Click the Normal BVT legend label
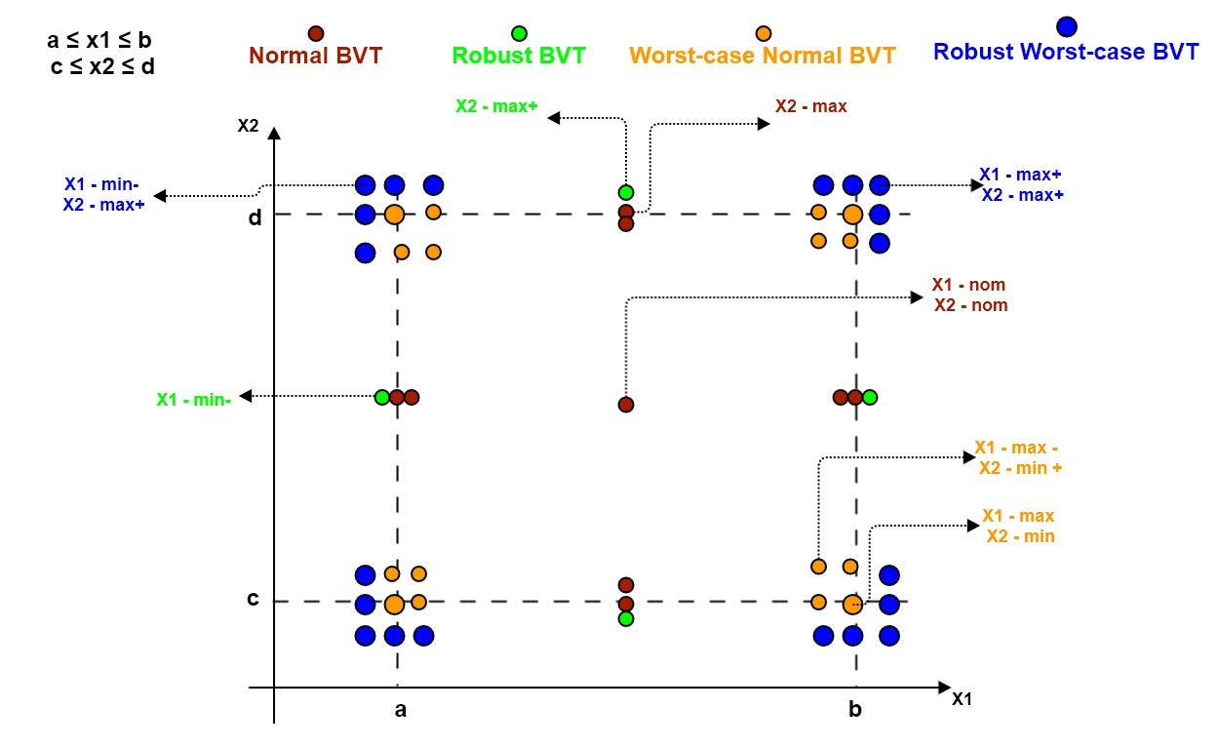[x=315, y=56]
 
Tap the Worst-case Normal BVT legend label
[x=763, y=56]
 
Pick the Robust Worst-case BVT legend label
[x=1066, y=52]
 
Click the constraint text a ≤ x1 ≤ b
[x=98, y=41]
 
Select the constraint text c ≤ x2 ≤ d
[x=102, y=68]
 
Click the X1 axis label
[x=961, y=699]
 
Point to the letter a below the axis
[x=400, y=710]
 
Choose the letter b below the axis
[x=855, y=710]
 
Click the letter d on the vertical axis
[x=255, y=217]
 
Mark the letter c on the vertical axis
[x=253, y=599]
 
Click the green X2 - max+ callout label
[x=496, y=106]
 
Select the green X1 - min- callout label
[x=193, y=398]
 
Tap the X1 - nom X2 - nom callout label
[x=969, y=295]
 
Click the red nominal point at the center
[x=626, y=404]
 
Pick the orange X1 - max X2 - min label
[x=1019, y=526]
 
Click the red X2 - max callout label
[x=811, y=105]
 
